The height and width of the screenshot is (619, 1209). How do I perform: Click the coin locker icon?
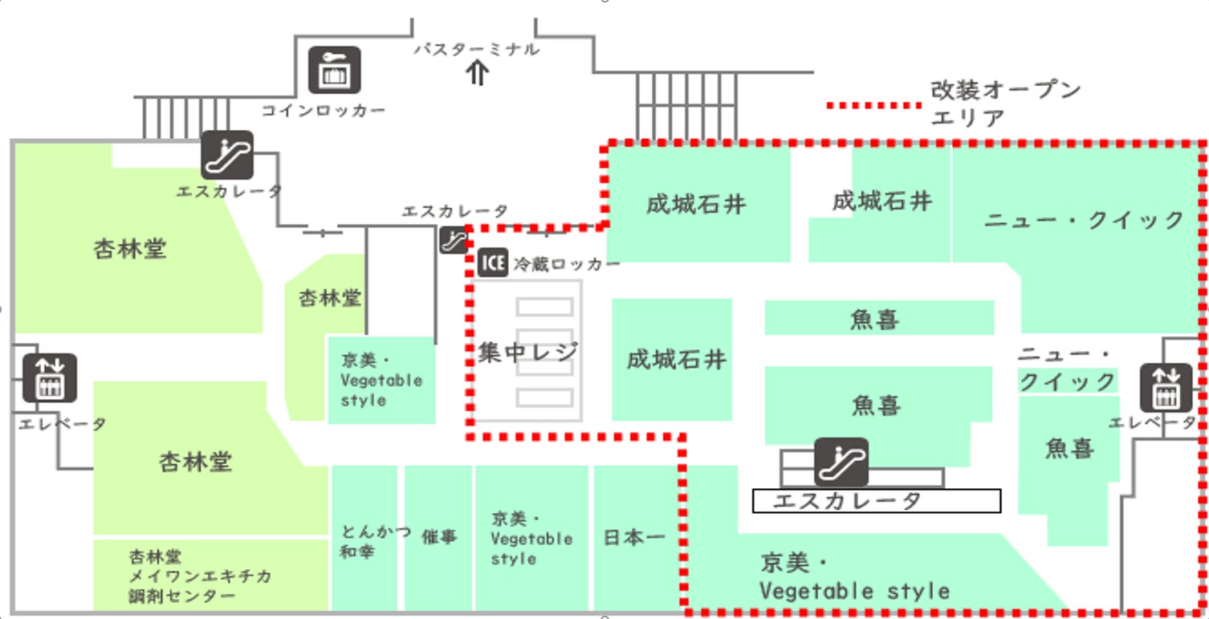(x=335, y=70)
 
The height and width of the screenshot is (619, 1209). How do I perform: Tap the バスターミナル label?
(x=477, y=49)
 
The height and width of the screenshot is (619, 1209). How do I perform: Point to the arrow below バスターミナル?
(x=478, y=74)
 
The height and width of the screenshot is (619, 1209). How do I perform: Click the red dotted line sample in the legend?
(x=874, y=105)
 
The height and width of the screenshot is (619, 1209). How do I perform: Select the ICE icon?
(x=493, y=263)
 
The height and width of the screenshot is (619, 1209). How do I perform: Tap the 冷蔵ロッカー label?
(x=567, y=263)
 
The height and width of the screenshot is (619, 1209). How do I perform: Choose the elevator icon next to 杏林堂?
(x=50, y=377)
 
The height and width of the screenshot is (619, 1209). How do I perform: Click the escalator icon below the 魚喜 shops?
(x=841, y=462)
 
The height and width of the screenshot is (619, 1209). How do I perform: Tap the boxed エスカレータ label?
(x=876, y=501)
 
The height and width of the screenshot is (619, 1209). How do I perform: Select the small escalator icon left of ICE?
(x=453, y=240)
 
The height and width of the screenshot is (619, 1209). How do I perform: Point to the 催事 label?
(x=439, y=537)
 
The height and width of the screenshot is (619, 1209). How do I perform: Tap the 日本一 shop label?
(x=634, y=537)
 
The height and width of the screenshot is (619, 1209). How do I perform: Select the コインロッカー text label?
(x=324, y=110)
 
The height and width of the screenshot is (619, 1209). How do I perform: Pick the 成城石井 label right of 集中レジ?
(x=677, y=359)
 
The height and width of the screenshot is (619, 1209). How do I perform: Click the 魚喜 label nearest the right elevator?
(x=1069, y=448)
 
